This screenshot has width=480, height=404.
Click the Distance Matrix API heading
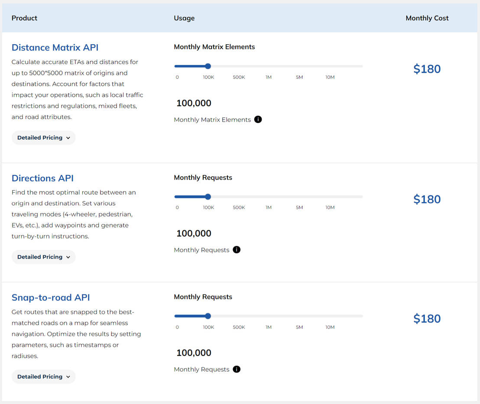[55, 48]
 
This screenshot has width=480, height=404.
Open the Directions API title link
[42, 178]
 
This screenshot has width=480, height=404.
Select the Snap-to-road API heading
[51, 297]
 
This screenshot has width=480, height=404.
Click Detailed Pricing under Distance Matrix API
[43, 138]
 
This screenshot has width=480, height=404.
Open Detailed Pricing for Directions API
[43, 257]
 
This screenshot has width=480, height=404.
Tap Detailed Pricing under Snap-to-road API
[43, 377]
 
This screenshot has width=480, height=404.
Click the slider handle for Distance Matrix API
[208, 66]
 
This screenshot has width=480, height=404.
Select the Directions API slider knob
[208, 197]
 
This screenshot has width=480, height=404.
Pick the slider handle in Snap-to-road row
[208, 316]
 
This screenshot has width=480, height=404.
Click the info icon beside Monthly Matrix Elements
[258, 120]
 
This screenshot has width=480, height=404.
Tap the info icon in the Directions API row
[237, 250]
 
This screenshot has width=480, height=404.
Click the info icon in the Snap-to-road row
[237, 369]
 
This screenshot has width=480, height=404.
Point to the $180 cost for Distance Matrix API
[427, 69]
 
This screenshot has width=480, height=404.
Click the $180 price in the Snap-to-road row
[427, 319]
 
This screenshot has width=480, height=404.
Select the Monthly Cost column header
[427, 18]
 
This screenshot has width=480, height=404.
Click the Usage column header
[184, 18]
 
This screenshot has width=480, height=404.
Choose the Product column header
[24, 18]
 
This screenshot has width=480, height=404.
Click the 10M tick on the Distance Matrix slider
[330, 77]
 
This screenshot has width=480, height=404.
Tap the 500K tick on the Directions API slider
[239, 207]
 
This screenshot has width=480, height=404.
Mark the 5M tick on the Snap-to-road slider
[299, 327]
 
